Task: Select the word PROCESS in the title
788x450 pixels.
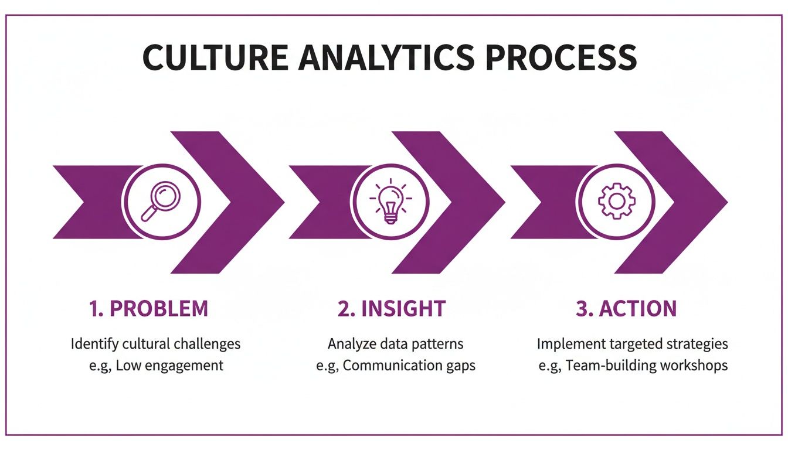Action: click(x=561, y=57)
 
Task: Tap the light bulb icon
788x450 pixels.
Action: click(x=390, y=202)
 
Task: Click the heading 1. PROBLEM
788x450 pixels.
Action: click(x=148, y=309)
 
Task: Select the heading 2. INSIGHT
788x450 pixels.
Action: click(x=391, y=309)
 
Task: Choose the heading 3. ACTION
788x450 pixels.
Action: click(x=626, y=309)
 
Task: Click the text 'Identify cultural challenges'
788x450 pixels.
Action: click(x=155, y=344)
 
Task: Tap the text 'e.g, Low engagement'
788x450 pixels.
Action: click(x=155, y=366)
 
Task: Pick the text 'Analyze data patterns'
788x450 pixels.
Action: click(x=395, y=344)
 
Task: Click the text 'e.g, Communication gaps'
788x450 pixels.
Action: click(x=395, y=366)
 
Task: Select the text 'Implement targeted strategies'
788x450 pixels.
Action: click(x=633, y=344)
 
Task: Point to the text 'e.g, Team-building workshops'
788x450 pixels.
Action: click(x=633, y=366)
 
